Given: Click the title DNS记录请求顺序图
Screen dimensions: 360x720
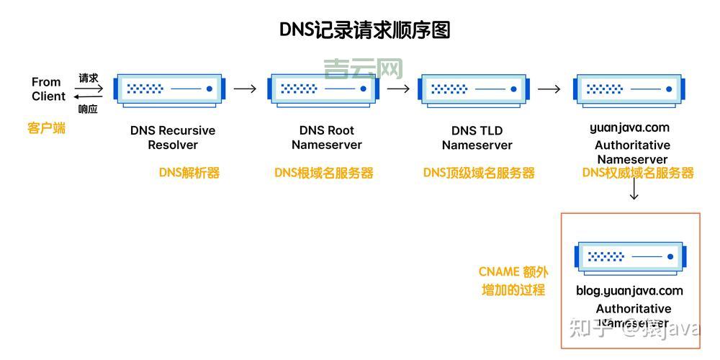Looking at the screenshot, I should click(x=364, y=30).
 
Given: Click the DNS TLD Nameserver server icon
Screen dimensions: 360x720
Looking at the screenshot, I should click(x=476, y=89).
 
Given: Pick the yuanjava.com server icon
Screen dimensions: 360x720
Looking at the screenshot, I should click(x=629, y=89).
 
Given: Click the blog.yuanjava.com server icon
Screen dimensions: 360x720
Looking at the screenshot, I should click(x=630, y=256).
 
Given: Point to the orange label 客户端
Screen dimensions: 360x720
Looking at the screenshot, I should click(x=47, y=128).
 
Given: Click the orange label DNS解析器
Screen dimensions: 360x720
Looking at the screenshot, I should click(x=189, y=173).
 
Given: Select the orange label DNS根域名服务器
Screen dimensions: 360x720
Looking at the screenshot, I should click(x=324, y=173).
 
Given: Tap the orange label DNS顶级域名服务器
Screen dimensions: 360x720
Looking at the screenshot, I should click(x=479, y=173).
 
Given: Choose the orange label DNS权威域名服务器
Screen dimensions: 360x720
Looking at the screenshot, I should click(x=638, y=173).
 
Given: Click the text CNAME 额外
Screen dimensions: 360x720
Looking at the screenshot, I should click(x=513, y=272).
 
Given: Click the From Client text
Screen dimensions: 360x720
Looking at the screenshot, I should click(x=48, y=89).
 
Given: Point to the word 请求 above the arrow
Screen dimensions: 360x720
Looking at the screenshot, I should click(x=89, y=78).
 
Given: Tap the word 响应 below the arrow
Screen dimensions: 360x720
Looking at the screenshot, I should click(x=88, y=109).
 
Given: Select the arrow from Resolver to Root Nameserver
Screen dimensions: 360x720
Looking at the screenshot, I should click(x=246, y=89).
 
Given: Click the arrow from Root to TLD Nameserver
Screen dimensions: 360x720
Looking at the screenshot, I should click(x=398, y=89).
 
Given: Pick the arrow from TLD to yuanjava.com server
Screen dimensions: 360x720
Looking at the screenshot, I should click(x=549, y=89).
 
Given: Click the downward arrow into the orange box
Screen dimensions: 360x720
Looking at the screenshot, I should click(x=634, y=192).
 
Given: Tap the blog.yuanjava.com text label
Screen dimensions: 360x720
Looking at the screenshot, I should click(x=629, y=291).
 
